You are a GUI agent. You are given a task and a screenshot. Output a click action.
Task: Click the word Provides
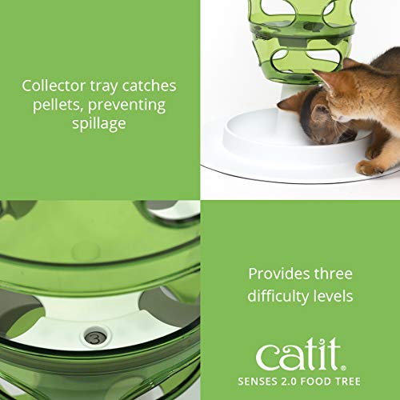(278, 274)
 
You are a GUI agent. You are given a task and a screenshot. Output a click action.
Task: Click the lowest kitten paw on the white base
(370, 167)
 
